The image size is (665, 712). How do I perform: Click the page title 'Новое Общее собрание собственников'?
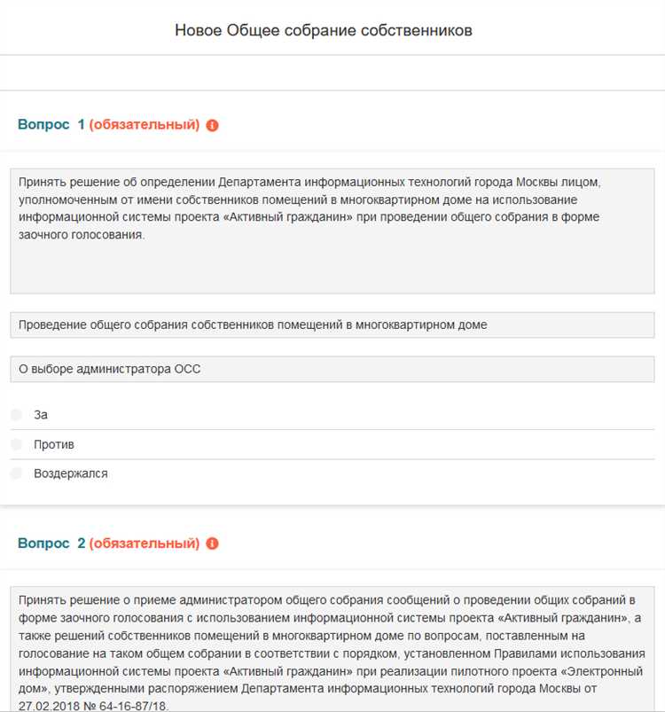(x=324, y=30)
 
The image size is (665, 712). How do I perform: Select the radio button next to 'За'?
(x=16, y=414)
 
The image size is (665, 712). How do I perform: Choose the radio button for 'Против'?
(x=16, y=443)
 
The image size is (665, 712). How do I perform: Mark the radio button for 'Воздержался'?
(x=16, y=473)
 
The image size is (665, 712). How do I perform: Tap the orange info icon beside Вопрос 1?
(x=212, y=125)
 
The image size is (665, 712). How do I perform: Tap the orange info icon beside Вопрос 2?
(x=212, y=544)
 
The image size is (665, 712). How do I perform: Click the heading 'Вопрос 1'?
(x=51, y=125)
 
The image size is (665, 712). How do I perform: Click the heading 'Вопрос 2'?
(x=51, y=544)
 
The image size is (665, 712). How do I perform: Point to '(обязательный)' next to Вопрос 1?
(x=145, y=125)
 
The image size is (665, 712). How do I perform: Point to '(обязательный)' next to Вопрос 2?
(x=145, y=544)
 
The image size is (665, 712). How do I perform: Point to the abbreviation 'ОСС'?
(x=186, y=369)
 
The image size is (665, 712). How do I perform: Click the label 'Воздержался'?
(x=71, y=473)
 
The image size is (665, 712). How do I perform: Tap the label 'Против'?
(x=54, y=443)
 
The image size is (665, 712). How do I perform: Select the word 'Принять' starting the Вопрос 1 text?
(x=42, y=182)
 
